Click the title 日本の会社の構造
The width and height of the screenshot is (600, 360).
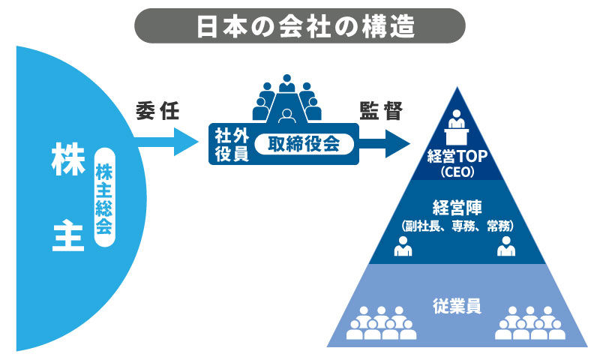[x=300, y=25]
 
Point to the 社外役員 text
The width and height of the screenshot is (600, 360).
[x=227, y=143]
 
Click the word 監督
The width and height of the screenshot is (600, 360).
[x=380, y=111]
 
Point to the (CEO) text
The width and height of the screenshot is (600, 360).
[x=457, y=173]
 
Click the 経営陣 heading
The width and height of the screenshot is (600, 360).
[x=457, y=207]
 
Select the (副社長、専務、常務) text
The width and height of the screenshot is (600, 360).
[x=457, y=225]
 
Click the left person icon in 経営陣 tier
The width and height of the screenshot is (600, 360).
[x=403, y=246]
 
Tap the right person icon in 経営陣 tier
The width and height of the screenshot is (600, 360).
[x=506, y=246]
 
